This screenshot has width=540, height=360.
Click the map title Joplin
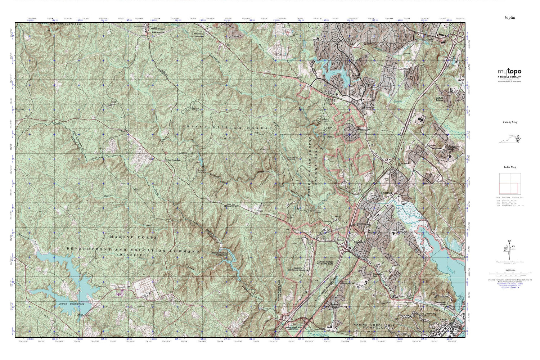509,17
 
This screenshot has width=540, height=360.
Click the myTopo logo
509,72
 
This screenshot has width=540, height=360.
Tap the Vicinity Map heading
509,122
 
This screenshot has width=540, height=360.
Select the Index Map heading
509,167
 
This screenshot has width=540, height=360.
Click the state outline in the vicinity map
509,139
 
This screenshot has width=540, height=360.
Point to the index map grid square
509,184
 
